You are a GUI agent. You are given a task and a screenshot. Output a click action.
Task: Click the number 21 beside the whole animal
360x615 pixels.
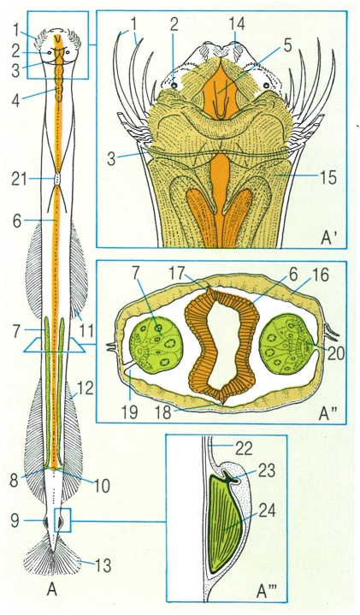(19, 180)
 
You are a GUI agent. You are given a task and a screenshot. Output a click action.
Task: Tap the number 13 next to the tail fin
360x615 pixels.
(103, 565)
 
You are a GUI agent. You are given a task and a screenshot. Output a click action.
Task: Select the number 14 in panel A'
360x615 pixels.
(237, 24)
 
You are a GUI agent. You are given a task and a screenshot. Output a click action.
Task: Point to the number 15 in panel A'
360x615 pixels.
(328, 178)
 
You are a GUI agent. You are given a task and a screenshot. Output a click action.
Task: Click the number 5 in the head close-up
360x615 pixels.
(287, 45)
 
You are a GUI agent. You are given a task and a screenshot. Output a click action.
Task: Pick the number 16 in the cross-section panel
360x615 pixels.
(320, 275)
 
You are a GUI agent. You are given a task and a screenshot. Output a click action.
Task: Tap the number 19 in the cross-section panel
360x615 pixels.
(128, 412)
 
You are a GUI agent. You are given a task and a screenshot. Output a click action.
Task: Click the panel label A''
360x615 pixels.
(327, 414)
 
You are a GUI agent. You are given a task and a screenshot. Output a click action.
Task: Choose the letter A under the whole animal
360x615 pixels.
(52, 589)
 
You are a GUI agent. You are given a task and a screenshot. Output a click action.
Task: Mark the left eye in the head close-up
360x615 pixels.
(174, 85)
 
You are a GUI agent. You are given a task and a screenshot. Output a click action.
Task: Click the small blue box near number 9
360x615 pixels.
(62, 520)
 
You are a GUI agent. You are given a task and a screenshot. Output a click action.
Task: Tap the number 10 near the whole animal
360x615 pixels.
(102, 486)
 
